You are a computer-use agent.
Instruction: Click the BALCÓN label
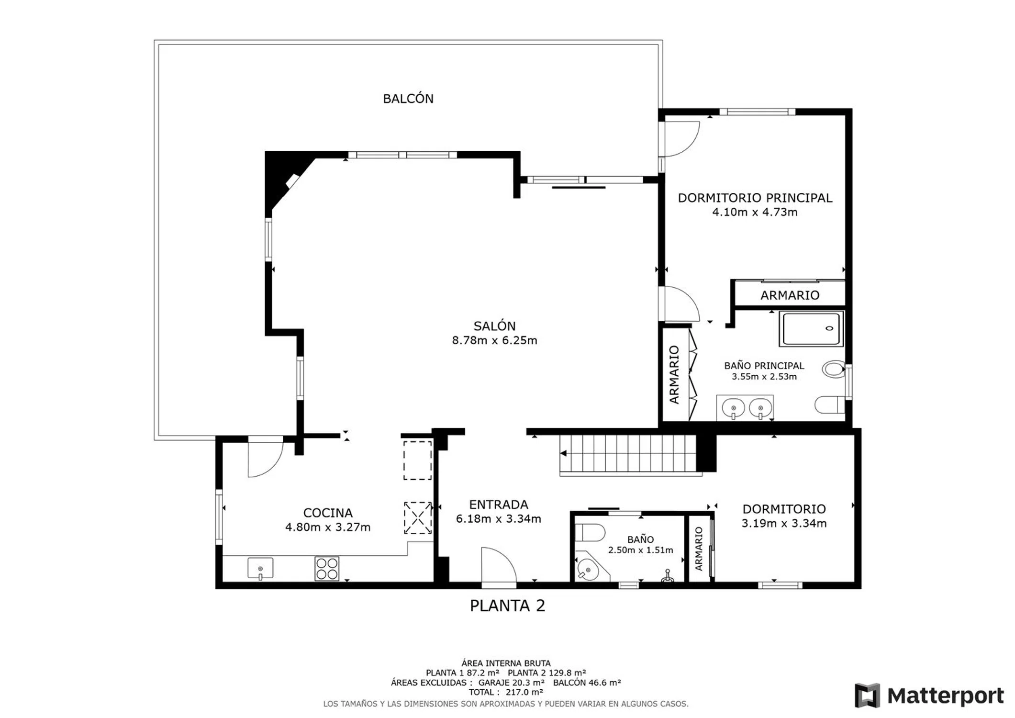[408, 99]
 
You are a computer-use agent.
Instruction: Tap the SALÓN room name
[494, 326]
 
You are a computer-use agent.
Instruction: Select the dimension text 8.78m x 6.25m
[494, 340]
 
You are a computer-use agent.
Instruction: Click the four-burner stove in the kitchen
[327, 569]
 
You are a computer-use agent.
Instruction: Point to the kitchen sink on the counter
[260, 569]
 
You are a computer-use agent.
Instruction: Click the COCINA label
[328, 513]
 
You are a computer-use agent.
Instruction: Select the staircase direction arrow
[564, 453]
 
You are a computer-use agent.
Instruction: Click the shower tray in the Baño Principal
[811, 328]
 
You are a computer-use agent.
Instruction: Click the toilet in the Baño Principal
[830, 405]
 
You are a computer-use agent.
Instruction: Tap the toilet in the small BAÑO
[590, 532]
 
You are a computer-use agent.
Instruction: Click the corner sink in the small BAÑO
[590, 569]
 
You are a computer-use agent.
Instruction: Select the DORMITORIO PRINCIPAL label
[755, 198]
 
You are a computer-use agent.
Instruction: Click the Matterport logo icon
[867, 696]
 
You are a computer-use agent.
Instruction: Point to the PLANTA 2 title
[507, 606]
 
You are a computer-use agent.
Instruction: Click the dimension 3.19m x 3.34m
[784, 523]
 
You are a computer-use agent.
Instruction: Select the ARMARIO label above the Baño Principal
[790, 295]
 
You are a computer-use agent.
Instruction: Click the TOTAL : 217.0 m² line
[505, 692]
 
